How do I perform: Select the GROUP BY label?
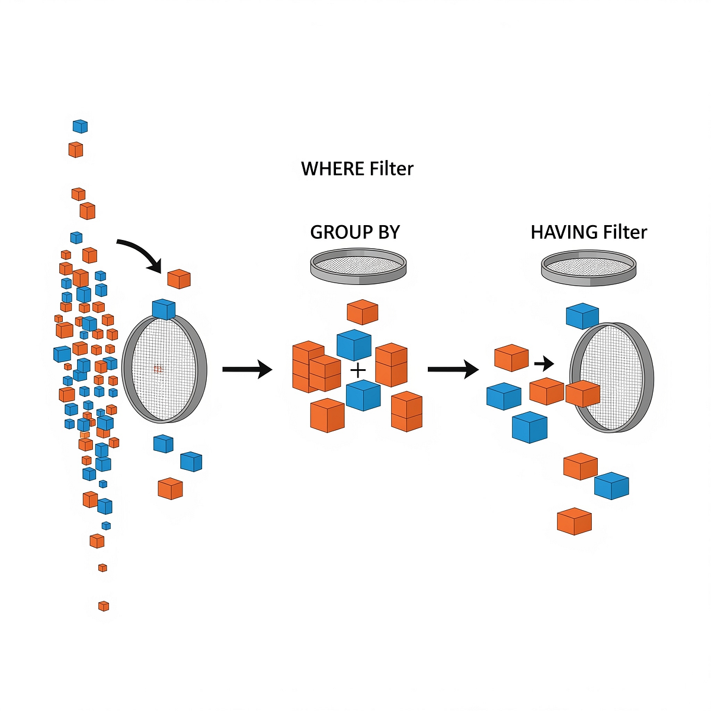pos(355,232)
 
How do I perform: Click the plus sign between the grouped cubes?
pos(358,371)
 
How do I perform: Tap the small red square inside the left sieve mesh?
pos(158,369)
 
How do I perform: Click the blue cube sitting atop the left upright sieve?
pos(164,309)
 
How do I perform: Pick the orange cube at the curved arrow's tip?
pos(179,278)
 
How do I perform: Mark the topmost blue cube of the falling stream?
pos(80,126)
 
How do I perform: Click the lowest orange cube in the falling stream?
pos(104,606)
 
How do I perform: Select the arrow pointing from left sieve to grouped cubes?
pos(246,370)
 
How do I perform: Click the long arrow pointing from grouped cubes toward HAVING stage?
pos(453,370)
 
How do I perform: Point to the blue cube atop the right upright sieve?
pos(582,316)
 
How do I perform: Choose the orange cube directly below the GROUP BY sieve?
pos(362,311)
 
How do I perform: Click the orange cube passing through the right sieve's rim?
pos(583,393)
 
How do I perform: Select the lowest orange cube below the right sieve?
pos(574,521)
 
